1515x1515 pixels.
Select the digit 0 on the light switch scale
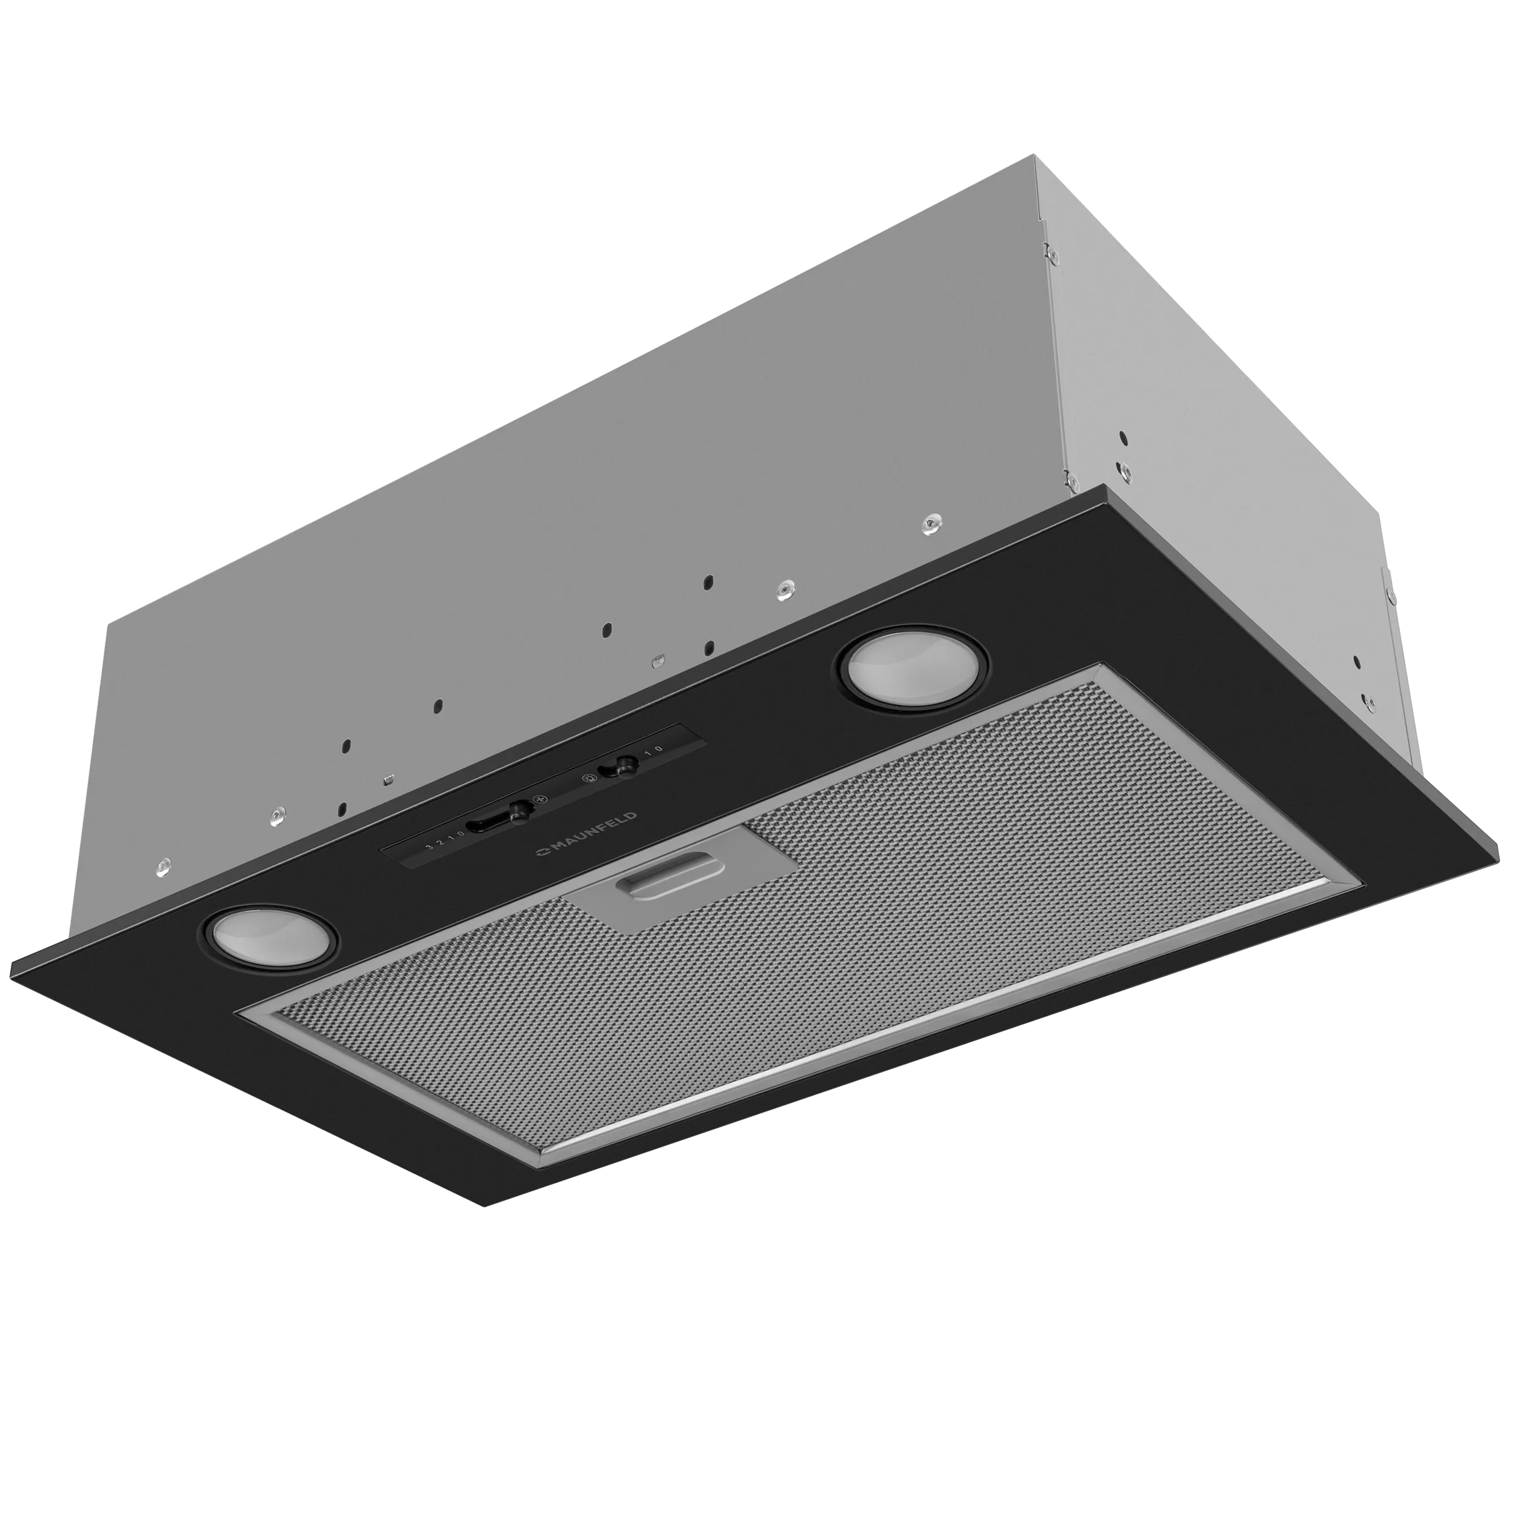[x=659, y=749]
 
